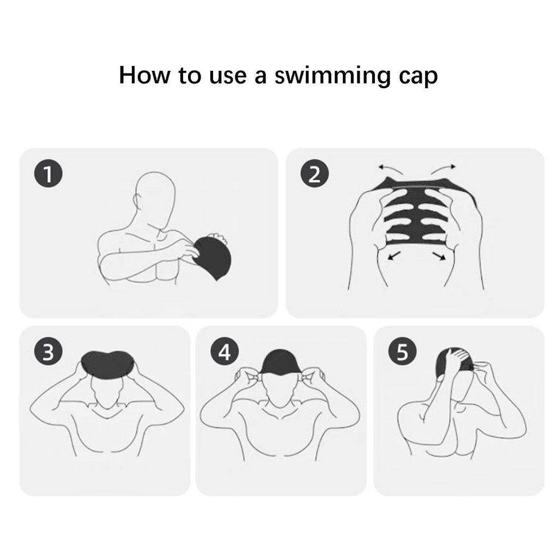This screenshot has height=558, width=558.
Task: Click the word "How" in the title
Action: (144, 75)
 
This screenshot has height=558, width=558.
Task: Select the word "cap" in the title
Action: (418, 77)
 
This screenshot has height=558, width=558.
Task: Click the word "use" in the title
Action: (227, 77)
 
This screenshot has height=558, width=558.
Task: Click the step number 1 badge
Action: (48, 174)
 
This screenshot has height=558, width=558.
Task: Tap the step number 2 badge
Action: (314, 174)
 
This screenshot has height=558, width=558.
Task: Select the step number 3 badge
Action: (48, 352)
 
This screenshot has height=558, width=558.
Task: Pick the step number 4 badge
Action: (225, 352)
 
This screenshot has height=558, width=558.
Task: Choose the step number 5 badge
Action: (402, 352)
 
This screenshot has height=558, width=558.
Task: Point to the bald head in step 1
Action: (155, 201)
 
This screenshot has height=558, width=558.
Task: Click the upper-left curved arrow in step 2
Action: (390, 169)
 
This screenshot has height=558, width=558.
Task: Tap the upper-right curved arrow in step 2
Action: (443, 169)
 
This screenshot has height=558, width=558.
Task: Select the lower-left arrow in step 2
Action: (394, 256)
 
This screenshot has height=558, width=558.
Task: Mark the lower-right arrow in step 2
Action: (439, 256)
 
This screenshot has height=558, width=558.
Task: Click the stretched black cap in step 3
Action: (107, 363)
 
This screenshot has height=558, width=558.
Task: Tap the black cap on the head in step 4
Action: (282, 362)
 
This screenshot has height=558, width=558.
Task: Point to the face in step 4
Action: (281, 390)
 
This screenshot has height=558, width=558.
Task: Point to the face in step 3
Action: (107, 391)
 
